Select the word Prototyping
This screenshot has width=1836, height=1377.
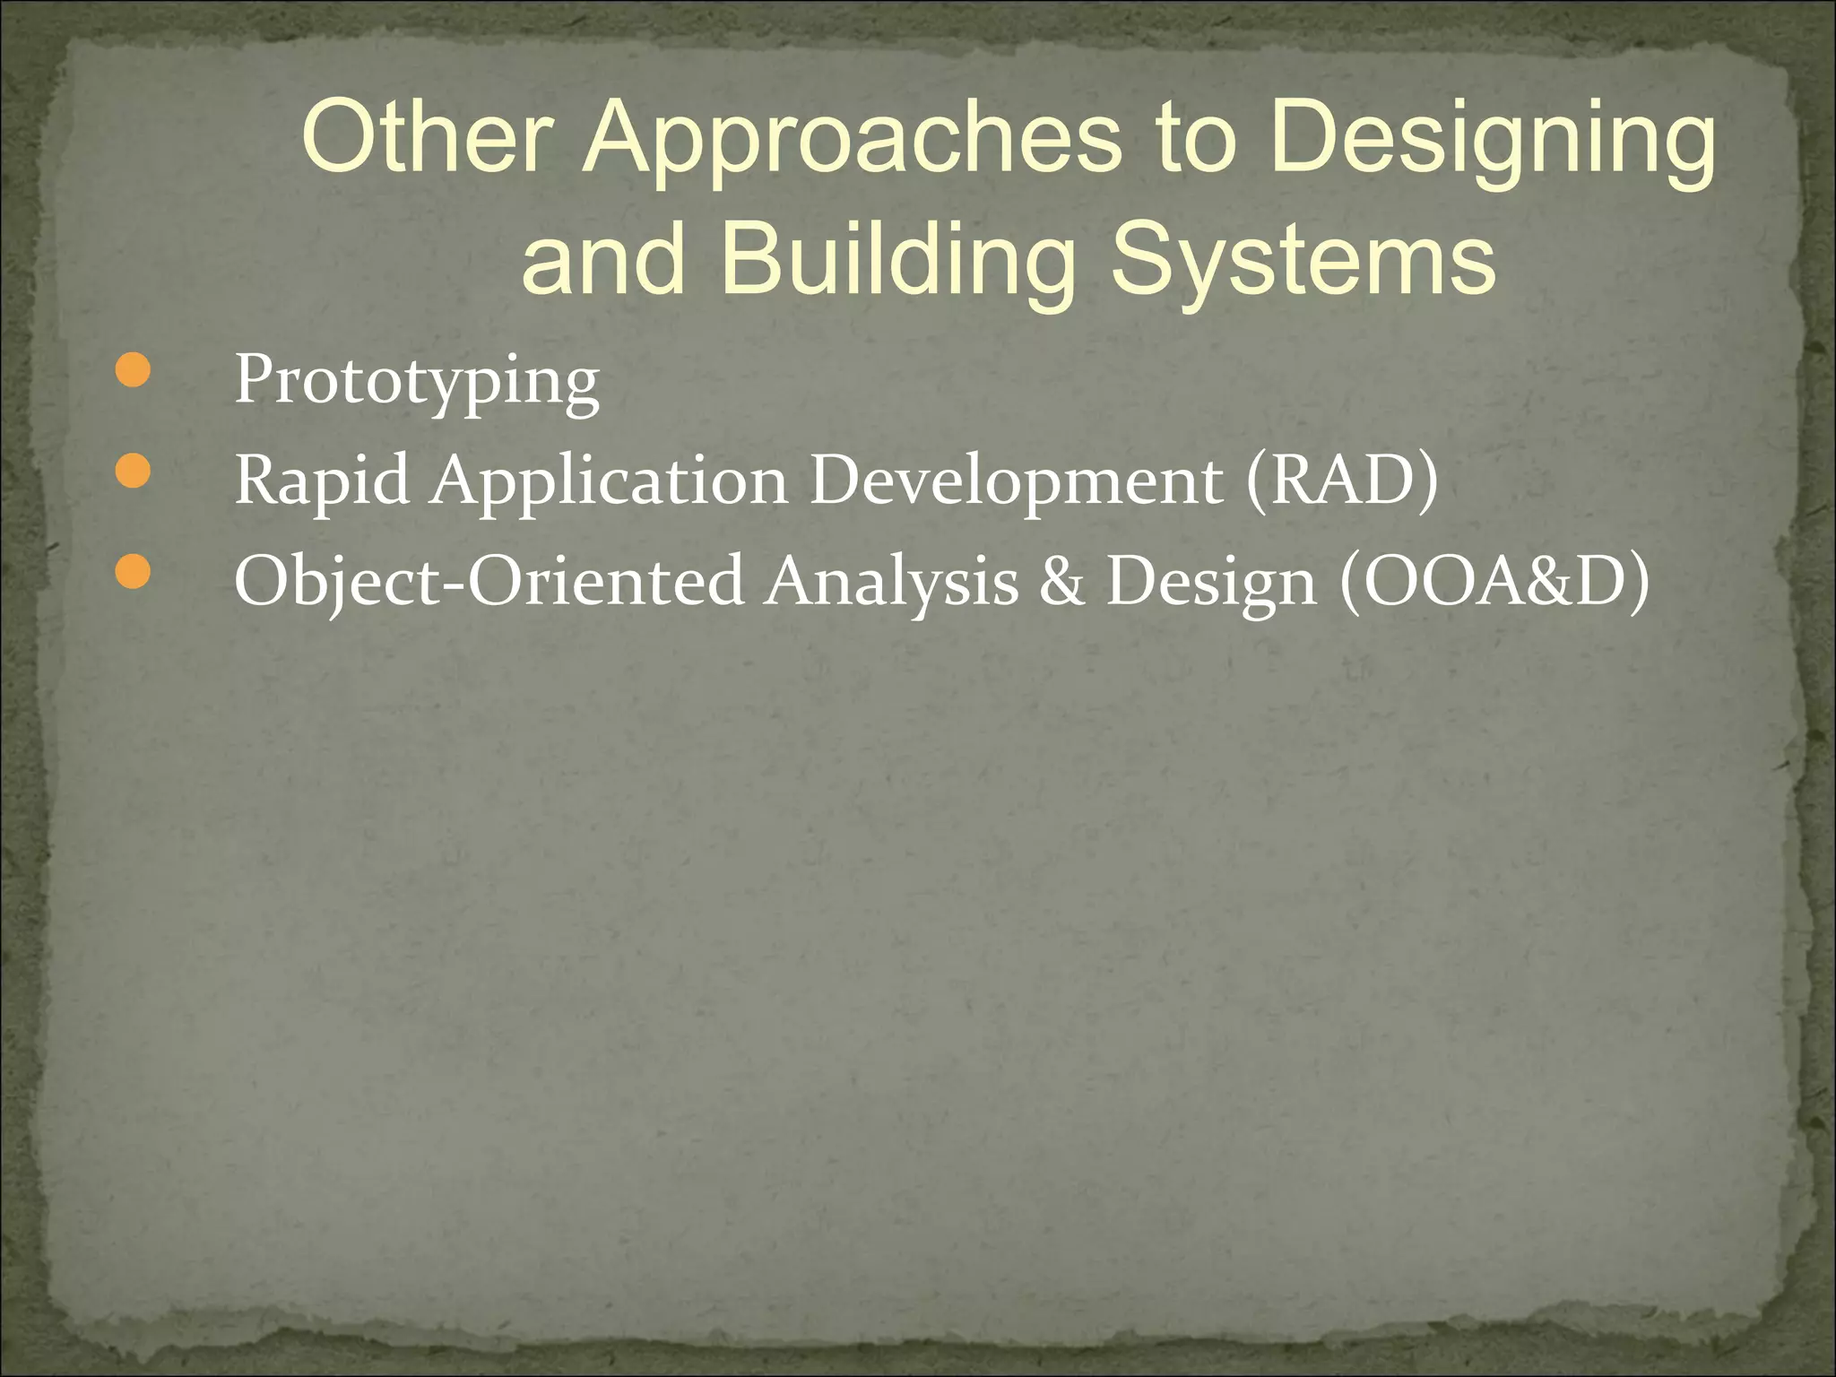coord(416,381)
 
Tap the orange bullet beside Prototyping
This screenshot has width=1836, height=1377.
coord(133,371)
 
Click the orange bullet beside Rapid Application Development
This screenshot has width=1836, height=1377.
coord(133,472)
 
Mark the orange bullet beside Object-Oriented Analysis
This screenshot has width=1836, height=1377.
coord(133,572)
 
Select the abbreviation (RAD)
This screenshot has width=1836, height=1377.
coord(1341,481)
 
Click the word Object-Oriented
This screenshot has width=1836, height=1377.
coord(489,581)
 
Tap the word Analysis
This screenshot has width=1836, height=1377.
coord(891,581)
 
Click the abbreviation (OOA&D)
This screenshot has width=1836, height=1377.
coord(1494,581)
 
